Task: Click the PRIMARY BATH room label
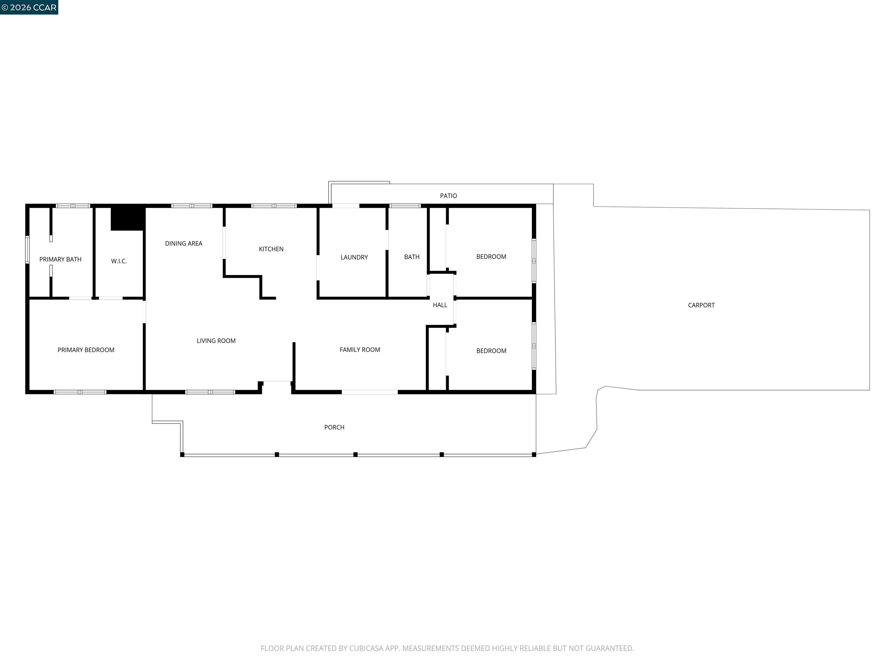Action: coord(60,259)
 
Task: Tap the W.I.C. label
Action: coord(119,261)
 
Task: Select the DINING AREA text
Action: coord(184,243)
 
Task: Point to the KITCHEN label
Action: coord(271,249)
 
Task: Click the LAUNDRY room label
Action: coord(354,257)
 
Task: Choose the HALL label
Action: coord(440,305)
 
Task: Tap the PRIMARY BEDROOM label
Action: coord(86,350)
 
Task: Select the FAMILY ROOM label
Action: coord(360,349)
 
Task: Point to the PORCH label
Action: coord(334,427)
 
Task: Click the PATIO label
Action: coord(448,196)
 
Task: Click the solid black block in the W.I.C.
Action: coord(127,218)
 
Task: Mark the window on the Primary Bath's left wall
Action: coord(27,250)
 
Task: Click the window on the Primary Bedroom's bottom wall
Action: coord(80,392)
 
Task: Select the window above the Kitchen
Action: coord(274,206)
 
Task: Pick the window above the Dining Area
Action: coord(191,206)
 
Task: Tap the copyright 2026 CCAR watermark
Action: coord(29,7)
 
